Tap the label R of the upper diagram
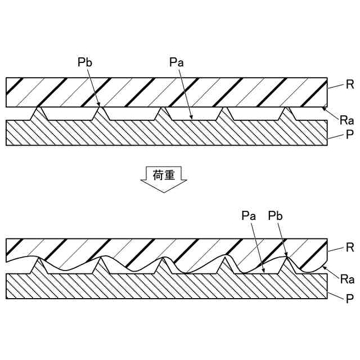click(x=349, y=86)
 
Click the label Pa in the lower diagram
click(x=248, y=216)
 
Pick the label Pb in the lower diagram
click(x=275, y=216)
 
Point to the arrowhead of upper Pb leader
click(x=100, y=106)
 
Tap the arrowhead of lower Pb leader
click(x=287, y=256)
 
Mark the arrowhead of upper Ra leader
click(x=323, y=108)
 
